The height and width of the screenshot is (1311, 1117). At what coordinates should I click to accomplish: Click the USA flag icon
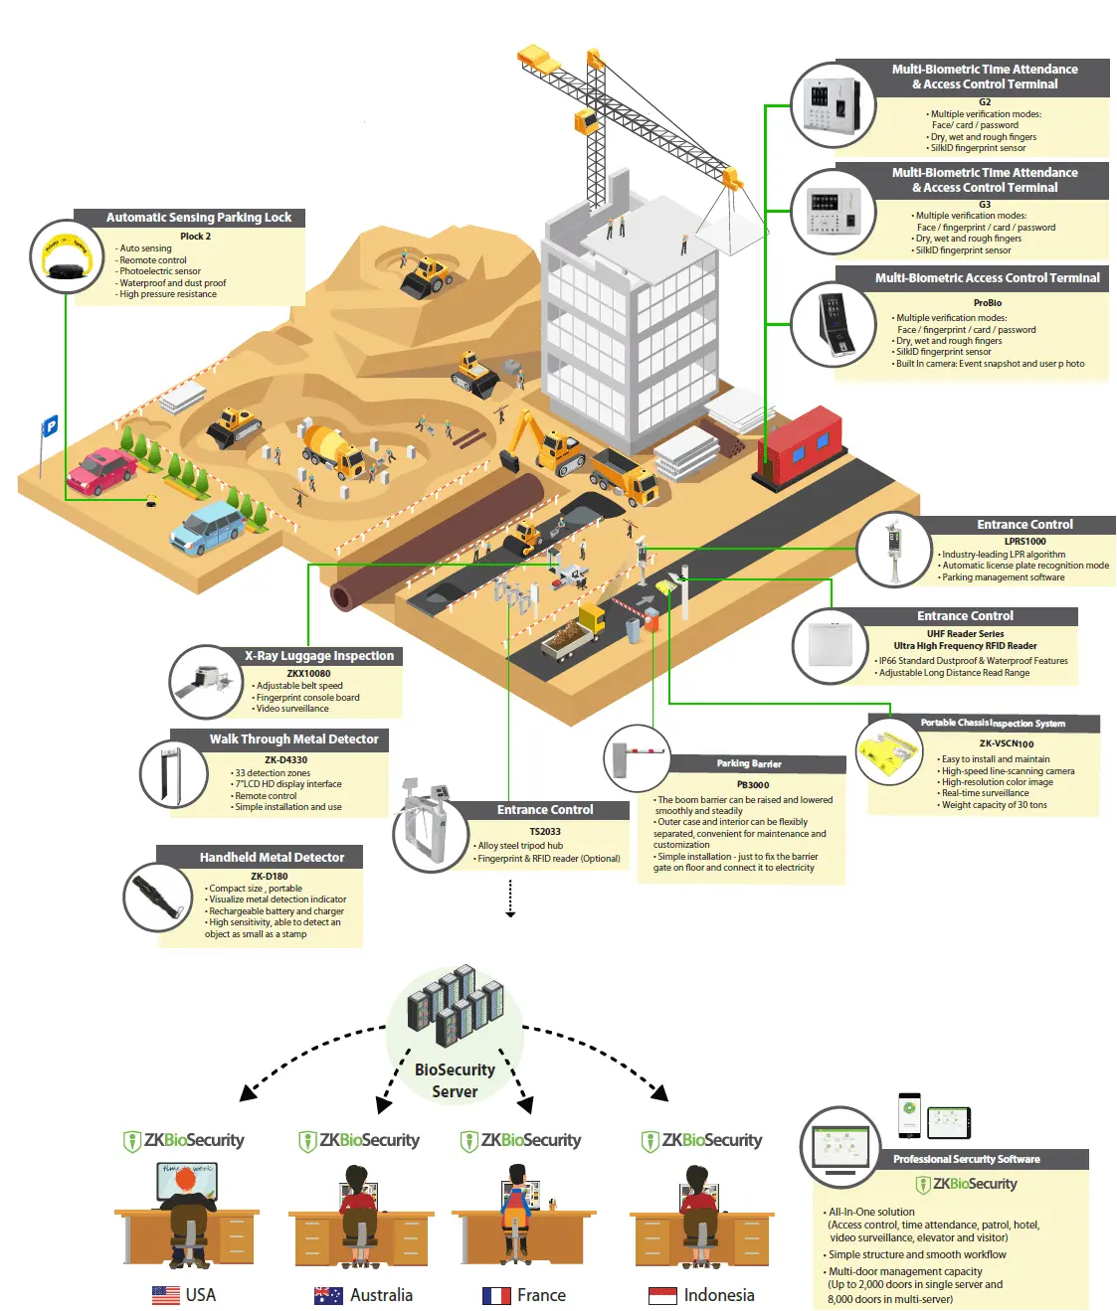165,1295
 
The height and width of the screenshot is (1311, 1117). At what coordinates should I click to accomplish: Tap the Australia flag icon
328,1295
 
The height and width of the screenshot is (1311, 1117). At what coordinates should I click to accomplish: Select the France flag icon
496,1295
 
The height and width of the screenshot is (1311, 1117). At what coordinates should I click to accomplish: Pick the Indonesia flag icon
662,1295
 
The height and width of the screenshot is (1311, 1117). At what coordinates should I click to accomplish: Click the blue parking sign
50,426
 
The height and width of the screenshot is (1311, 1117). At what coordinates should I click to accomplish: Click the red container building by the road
801,445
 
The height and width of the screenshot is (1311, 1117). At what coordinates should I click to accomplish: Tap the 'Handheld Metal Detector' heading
272,857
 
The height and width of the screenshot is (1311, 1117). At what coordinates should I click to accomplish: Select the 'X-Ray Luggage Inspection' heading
319,656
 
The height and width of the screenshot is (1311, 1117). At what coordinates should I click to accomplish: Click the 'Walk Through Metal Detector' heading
293,739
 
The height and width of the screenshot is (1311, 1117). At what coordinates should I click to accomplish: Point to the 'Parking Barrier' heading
749,763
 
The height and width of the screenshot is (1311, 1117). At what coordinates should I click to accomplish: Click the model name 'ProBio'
987,303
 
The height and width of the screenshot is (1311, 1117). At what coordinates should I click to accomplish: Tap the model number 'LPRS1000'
1024,542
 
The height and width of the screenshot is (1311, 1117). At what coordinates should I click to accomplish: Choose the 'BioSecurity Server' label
455,1080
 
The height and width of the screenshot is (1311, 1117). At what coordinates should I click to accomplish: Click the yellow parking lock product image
67,256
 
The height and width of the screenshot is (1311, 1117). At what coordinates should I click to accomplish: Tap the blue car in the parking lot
207,527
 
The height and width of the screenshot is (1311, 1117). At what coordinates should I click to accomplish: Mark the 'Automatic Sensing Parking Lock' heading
199,218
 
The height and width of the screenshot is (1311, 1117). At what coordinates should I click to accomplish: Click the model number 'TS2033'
545,832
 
